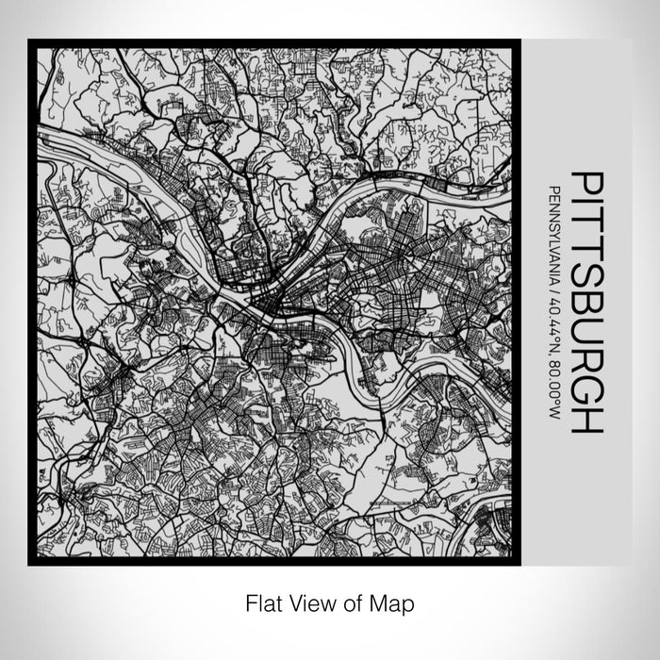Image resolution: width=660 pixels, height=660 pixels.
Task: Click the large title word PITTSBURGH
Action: tap(585, 303)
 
